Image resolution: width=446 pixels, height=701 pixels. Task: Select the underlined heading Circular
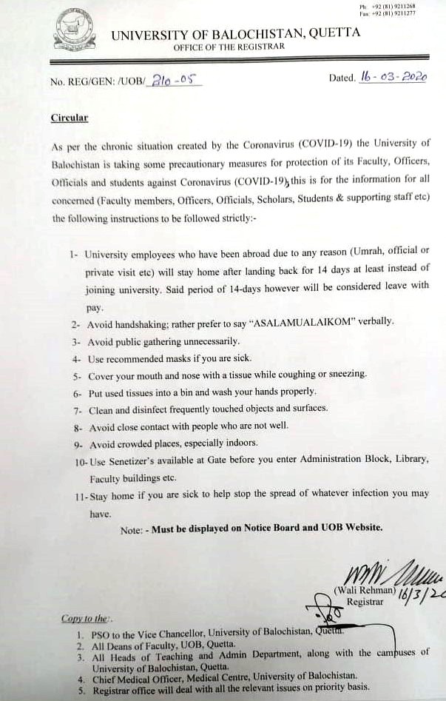[x=70, y=118]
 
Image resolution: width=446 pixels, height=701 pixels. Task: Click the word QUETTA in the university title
[x=335, y=33]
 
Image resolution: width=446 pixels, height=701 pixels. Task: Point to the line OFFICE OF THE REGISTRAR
[x=229, y=47]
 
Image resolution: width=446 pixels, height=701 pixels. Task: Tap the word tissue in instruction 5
[x=247, y=375]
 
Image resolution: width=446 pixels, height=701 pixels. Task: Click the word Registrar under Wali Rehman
[x=365, y=602]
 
